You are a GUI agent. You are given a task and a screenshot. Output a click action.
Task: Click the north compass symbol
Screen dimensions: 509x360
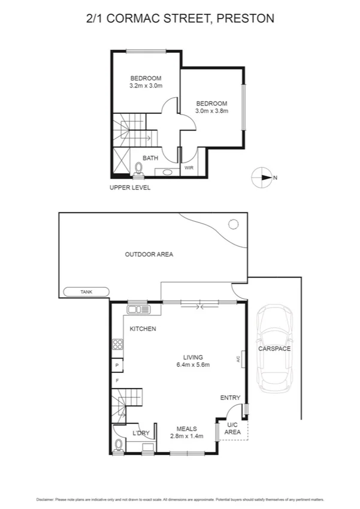(x=262, y=177)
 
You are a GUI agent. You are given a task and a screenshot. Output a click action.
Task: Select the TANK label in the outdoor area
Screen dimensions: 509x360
(x=87, y=292)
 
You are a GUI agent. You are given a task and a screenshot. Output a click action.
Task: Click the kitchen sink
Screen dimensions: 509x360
(x=141, y=309)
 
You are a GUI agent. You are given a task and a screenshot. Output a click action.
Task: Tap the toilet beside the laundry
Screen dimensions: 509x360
(x=119, y=444)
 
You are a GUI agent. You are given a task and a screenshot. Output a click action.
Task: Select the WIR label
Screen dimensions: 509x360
(x=188, y=168)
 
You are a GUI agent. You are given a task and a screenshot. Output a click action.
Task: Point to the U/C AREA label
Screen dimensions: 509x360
(x=232, y=428)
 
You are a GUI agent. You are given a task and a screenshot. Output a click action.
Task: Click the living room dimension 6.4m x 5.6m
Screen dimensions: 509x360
(x=193, y=365)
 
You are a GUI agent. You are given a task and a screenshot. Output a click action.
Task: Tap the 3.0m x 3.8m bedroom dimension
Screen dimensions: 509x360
(x=212, y=110)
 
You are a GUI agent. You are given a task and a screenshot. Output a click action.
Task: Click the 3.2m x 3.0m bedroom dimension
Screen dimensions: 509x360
(x=146, y=86)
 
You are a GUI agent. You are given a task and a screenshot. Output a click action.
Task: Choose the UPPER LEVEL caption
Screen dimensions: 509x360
(x=129, y=188)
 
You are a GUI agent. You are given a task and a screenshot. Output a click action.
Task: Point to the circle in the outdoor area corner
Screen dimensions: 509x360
(x=232, y=225)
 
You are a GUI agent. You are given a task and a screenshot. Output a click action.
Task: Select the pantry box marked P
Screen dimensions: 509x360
(x=116, y=365)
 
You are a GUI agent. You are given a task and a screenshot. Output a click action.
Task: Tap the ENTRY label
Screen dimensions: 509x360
(x=230, y=397)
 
